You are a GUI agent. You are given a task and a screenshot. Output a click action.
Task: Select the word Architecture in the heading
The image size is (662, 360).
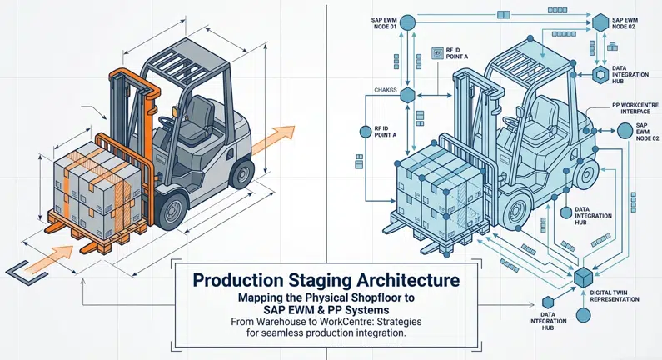click(399, 281)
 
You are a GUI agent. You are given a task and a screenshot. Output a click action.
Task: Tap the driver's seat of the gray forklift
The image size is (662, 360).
click(200, 117)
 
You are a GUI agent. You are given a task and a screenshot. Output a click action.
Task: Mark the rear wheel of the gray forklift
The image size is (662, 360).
click(241, 172)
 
